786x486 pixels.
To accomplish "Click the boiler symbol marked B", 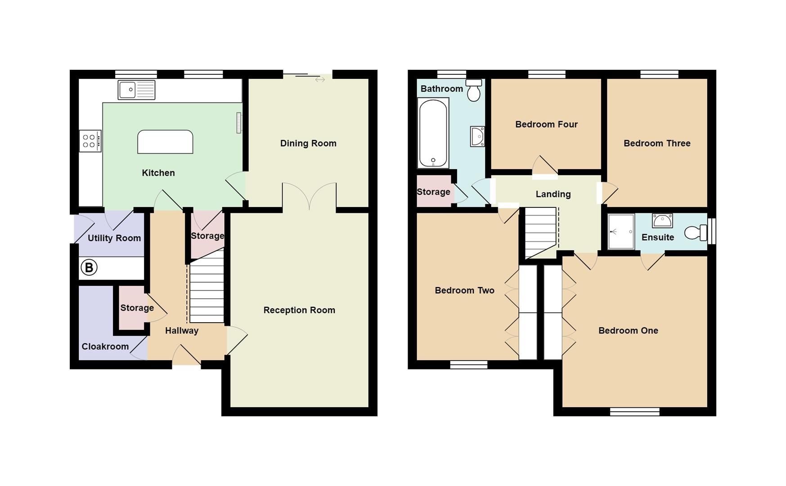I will point(89,268).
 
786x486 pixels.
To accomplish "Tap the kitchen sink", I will point(136,90).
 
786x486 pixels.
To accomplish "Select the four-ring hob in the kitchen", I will point(90,141).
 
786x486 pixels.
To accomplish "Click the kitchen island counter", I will point(165,142).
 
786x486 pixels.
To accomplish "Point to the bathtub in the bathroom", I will point(433,133).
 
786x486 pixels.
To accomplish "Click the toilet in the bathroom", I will point(474,90).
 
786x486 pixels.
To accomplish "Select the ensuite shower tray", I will point(621,232).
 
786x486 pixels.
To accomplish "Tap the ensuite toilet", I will point(696,233).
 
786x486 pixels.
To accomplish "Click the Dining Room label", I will point(308,144).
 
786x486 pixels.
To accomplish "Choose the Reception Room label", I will point(299,310).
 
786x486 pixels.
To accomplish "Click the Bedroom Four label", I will point(546,124).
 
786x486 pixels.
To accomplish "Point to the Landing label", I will point(553,194).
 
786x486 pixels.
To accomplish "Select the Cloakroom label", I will point(105,346).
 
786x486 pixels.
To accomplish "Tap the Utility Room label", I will point(114,238).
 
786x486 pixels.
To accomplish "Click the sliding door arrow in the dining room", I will point(320,80).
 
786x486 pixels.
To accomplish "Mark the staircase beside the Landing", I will point(540,232).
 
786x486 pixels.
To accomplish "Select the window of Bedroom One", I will point(634,411).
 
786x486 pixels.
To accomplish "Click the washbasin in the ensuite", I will point(662,220).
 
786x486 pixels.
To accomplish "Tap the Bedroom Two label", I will point(464,290).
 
